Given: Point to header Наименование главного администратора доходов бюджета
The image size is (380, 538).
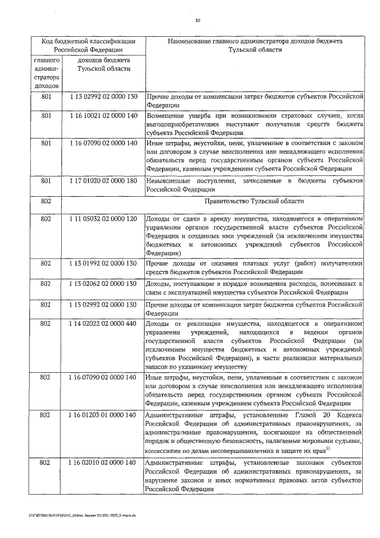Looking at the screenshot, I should point(255,42).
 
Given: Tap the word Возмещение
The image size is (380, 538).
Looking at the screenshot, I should point(169,115).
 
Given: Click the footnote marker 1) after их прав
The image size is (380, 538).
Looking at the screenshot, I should point(344,447).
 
